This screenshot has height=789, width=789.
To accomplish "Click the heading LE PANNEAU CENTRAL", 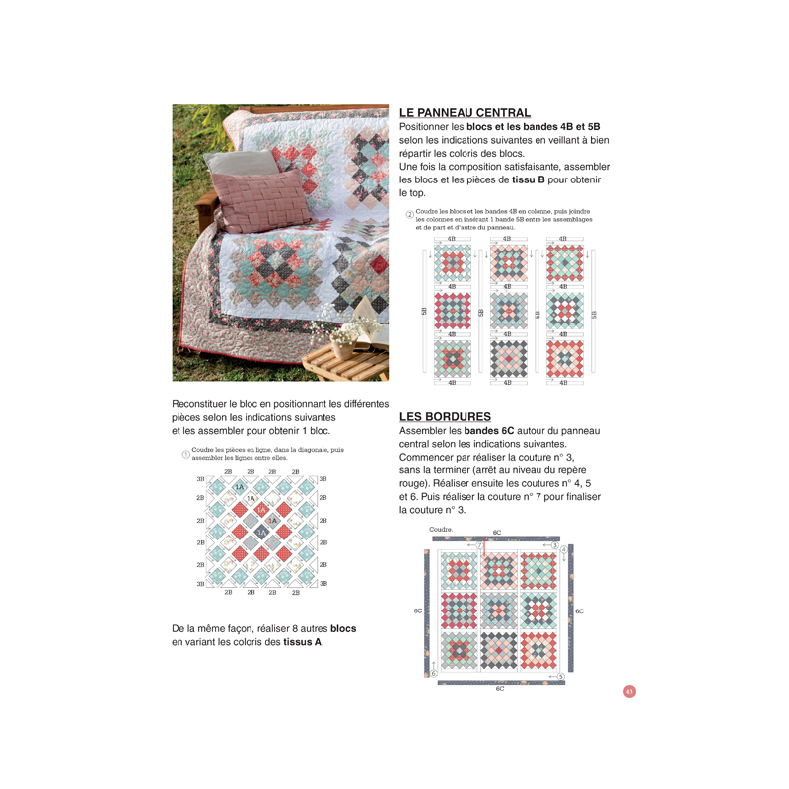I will tap(465, 113).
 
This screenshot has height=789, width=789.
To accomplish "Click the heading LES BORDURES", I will tap(445, 416).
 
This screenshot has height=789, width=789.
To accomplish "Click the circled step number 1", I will tap(185, 454).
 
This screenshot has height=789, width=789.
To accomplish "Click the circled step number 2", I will tap(410, 215).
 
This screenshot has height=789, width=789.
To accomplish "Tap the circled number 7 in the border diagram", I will tap(479, 544).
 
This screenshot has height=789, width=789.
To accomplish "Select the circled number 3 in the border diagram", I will tap(555, 545).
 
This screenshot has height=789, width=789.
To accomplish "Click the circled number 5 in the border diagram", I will tap(560, 676).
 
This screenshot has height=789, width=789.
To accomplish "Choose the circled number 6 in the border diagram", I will tap(433, 673).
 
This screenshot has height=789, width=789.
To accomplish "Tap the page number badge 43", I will tap(629, 690).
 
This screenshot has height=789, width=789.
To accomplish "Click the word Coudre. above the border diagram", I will tap(442, 529).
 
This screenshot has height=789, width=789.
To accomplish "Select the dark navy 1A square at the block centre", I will tap(261, 532).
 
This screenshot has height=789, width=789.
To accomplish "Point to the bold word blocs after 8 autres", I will tap(343, 628).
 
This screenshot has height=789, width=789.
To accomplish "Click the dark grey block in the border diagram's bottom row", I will tap(499, 650).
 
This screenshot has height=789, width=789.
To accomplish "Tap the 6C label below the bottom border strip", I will tap(499, 688).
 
